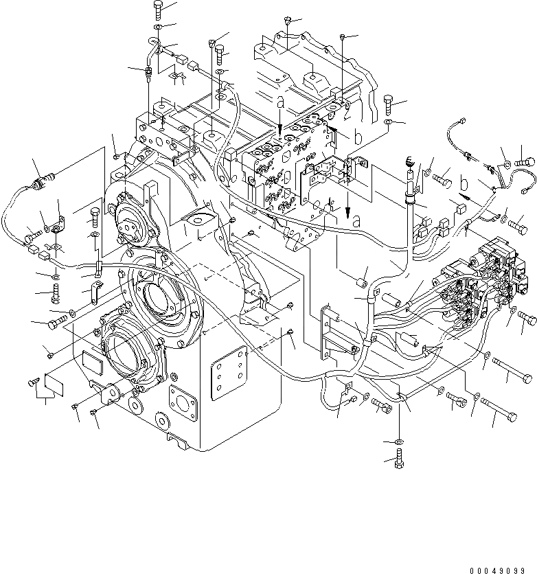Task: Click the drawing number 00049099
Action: coord(503,570)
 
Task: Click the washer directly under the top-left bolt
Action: coord(159,27)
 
